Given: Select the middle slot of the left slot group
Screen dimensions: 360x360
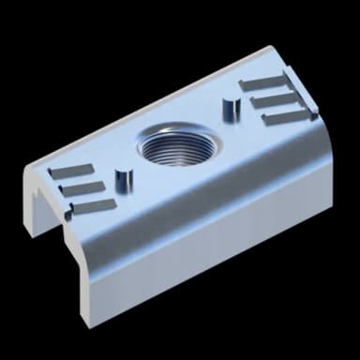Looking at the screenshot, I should (82, 187).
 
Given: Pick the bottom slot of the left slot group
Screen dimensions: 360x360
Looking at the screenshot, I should (94, 204).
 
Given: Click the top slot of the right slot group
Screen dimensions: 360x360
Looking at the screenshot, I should (266, 84).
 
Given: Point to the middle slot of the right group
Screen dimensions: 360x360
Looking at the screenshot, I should (275, 99).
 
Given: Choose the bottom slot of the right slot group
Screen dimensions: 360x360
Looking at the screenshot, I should (284, 116).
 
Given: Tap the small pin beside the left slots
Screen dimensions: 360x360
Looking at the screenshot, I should (122, 178).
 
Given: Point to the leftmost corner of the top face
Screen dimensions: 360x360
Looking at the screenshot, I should (28, 170).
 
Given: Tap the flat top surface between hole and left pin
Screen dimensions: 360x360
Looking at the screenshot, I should (141, 169).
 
